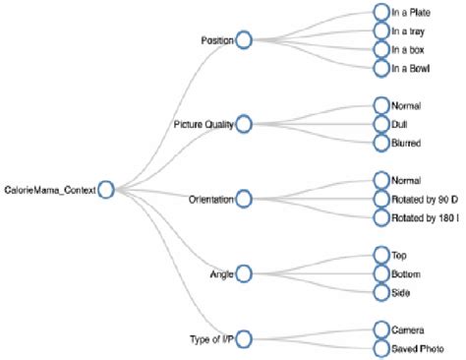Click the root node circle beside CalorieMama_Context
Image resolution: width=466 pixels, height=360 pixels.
(x=106, y=189)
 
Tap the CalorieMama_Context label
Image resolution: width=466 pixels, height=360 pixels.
(x=50, y=190)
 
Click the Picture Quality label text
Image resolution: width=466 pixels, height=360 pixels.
(x=204, y=125)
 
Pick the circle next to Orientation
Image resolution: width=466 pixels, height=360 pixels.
(x=244, y=199)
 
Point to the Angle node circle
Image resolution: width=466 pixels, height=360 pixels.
(x=244, y=272)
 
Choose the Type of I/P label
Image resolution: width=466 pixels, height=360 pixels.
(x=211, y=340)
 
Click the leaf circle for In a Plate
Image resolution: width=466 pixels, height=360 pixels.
(x=381, y=11)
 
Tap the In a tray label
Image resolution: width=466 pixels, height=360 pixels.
(x=409, y=30)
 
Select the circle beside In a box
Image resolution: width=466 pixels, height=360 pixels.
(x=381, y=49)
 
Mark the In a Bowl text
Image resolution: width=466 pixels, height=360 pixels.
(x=411, y=68)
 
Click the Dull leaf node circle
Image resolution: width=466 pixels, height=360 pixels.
(x=381, y=124)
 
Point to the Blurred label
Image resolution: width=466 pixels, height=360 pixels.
(x=407, y=144)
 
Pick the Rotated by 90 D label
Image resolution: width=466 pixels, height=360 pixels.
(x=423, y=199)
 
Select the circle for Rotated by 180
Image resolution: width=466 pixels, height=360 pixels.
(x=381, y=217)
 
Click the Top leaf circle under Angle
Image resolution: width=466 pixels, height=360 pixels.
(x=381, y=255)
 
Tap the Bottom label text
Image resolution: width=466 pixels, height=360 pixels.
(x=406, y=273)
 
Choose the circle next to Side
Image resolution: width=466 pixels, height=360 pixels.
(x=381, y=292)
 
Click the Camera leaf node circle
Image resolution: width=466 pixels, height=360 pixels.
(x=381, y=330)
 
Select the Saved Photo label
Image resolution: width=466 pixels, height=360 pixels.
(x=417, y=348)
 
